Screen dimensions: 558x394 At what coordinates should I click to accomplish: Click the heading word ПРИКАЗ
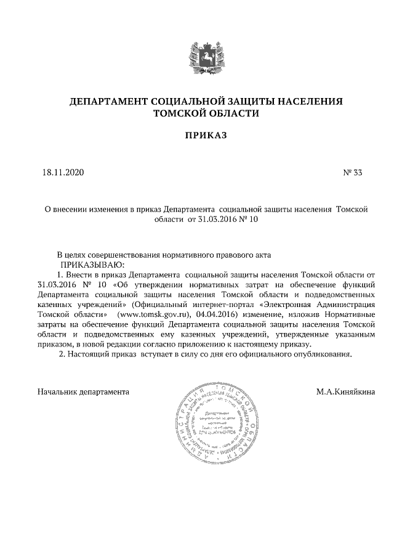click(197, 134)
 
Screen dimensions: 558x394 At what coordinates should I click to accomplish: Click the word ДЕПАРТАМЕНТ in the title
click(108, 101)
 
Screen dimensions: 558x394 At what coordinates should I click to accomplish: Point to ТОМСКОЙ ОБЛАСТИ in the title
click(197, 113)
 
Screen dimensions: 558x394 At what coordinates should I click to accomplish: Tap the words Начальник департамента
click(83, 392)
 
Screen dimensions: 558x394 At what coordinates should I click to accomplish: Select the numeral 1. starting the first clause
click(60, 274)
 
